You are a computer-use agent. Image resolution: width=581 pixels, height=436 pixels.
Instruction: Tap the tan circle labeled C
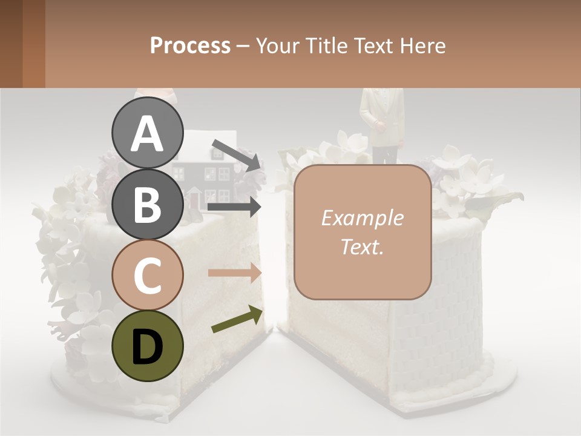(x=148, y=274)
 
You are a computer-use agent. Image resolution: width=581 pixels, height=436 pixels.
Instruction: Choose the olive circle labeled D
(x=148, y=345)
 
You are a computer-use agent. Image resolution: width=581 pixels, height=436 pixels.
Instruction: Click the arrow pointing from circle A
(x=236, y=155)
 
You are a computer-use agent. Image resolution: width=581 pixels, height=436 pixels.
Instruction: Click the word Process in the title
(x=190, y=45)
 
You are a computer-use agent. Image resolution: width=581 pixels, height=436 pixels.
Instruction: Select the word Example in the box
(x=362, y=218)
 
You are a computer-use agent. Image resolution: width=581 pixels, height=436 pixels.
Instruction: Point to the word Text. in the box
(x=362, y=246)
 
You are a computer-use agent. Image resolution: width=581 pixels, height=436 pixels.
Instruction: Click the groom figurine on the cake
(x=381, y=124)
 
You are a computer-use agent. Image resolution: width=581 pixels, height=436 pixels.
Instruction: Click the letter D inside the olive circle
(x=148, y=346)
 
